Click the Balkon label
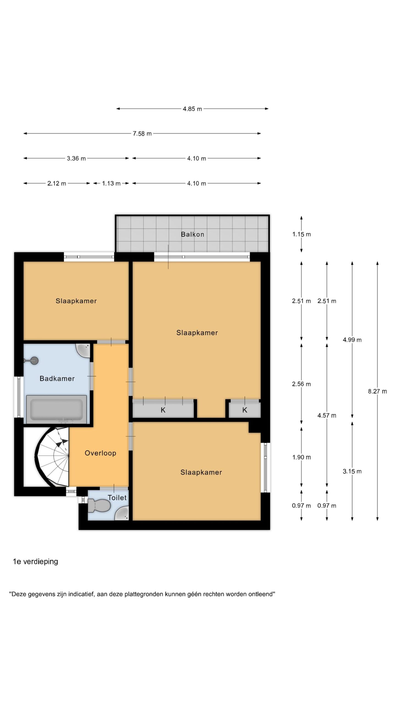pyautogui.click(x=192, y=234)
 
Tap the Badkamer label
pyautogui.click(x=57, y=378)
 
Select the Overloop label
pyautogui.click(x=100, y=453)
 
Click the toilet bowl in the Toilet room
pyautogui.click(x=99, y=505)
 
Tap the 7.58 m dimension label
pyautogui.click(x=142, y=134)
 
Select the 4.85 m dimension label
pyautogui.click(x=192, y=109)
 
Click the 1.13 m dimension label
pyautogui.click(x=111, y=183)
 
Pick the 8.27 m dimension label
pyautogui.click(x=377, y=391)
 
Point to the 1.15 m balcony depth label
pyautogui.click(x=301, y=234)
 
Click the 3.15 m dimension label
pyautogui.click(x=352, y=471)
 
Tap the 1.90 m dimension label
pyautogui.click(x=301, y=457)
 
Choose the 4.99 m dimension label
pyautogui.click(x=352, y=340)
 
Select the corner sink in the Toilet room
pyautogui.click(x=122, y=513)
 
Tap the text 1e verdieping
pyautogui.click(x=35, y=562)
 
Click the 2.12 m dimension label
pyautogui.click(x=57, y=183)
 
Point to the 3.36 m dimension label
pyautogui.click(x=76, y=158)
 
